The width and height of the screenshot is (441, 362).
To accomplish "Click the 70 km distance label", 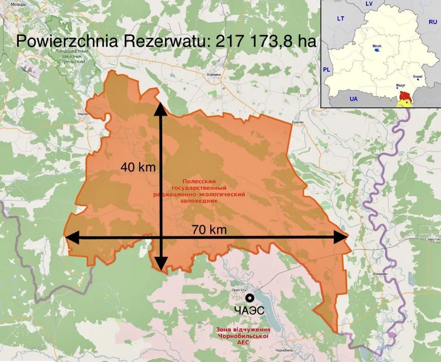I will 209,230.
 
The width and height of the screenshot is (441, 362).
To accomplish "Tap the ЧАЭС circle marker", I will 249,298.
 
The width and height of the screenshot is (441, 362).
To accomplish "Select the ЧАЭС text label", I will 249,311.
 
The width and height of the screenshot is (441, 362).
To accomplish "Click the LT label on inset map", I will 341,19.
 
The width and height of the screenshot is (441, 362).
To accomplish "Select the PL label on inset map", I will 327,69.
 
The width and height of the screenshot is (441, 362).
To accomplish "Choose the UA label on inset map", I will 354,99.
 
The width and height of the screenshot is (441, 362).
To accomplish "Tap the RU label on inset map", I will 432,22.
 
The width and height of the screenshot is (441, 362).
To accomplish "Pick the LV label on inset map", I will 369,4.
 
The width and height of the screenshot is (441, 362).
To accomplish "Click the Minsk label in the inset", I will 377,45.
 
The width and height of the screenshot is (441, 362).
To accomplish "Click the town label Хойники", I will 214,74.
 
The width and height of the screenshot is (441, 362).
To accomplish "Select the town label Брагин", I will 298,123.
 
